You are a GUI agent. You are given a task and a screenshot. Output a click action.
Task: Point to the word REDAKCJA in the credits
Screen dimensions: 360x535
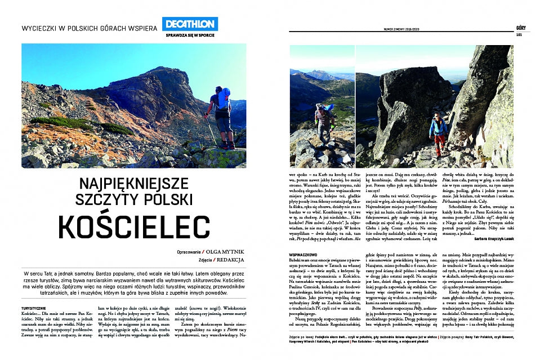tap(232, 260)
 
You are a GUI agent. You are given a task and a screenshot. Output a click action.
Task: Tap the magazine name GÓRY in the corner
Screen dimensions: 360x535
tap(521, 26)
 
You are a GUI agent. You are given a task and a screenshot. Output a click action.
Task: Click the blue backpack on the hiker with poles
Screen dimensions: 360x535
tap(224, 97)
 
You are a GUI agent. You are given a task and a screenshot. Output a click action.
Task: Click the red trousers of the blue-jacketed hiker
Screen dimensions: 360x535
tap(437, 147)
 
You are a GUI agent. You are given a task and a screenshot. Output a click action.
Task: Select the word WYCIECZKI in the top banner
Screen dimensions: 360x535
tap(40, 27)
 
